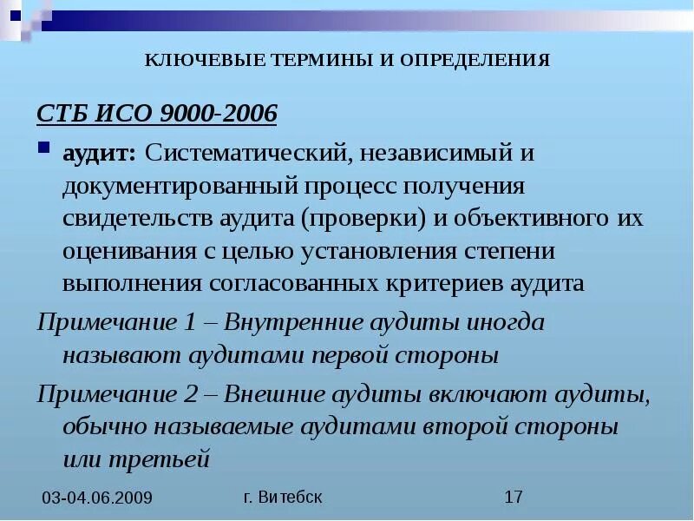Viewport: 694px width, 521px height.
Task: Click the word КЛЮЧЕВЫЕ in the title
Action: click(x=194, y=60)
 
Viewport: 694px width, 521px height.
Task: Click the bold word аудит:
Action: click(x=99, y=153)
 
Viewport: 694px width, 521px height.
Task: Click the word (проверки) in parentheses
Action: click(x=363, y=218)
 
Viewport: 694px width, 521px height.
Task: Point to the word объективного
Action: click(x=533, y=218)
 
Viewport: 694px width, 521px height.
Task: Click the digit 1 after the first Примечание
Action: click(x=191, y=322)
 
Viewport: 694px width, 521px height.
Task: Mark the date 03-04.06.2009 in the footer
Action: click(x=97, y=498)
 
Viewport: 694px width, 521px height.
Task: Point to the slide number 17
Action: click(x=514, y=497)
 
